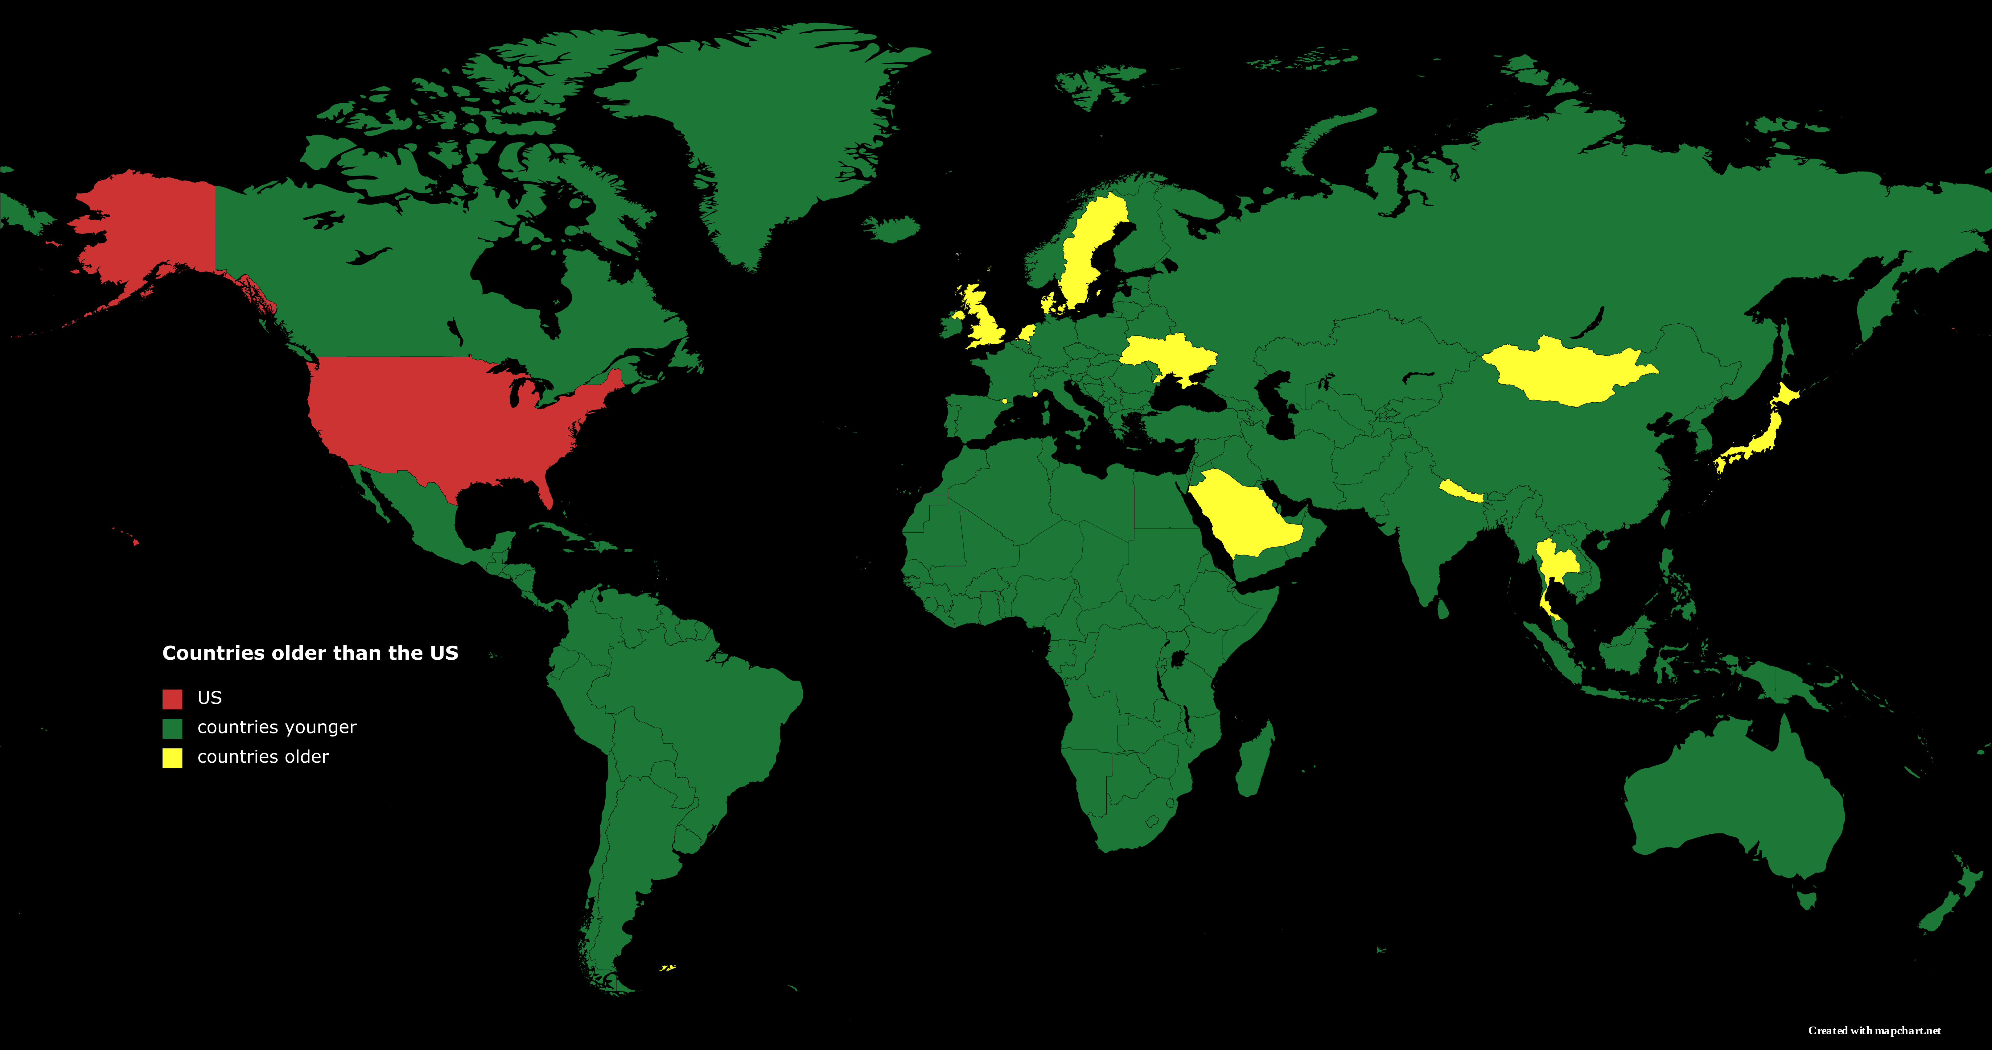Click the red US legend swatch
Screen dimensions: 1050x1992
pyautogui.click(x=172, y=699)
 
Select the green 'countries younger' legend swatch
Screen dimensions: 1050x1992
pyautogui.click(x=172, y=728)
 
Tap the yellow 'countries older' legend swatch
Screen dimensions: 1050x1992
pyautogui.click(x=172, y=757)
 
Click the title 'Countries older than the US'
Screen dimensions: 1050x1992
pyautogui.click(x=310, y=653)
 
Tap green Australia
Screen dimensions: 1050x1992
pyautogui.click(x=1732, y=805)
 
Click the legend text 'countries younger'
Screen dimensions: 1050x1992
pyautogui.click(x=277, y=727)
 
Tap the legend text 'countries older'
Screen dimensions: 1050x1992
pyautogui.click(x=263, y=757)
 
